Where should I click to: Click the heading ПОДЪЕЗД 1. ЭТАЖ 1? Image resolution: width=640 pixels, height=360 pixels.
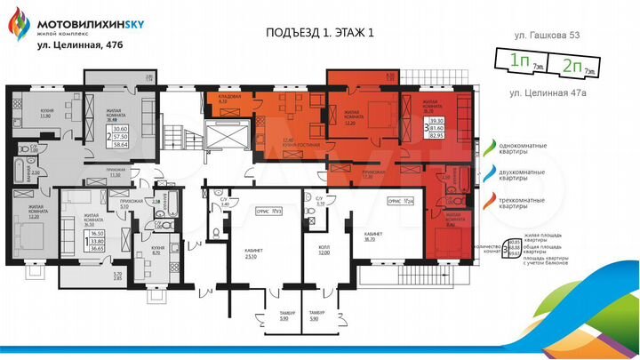tap(320, 33)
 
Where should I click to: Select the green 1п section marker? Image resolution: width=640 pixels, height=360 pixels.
tap(521, 63)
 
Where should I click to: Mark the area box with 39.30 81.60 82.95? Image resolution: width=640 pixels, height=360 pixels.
tap(437, 131)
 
